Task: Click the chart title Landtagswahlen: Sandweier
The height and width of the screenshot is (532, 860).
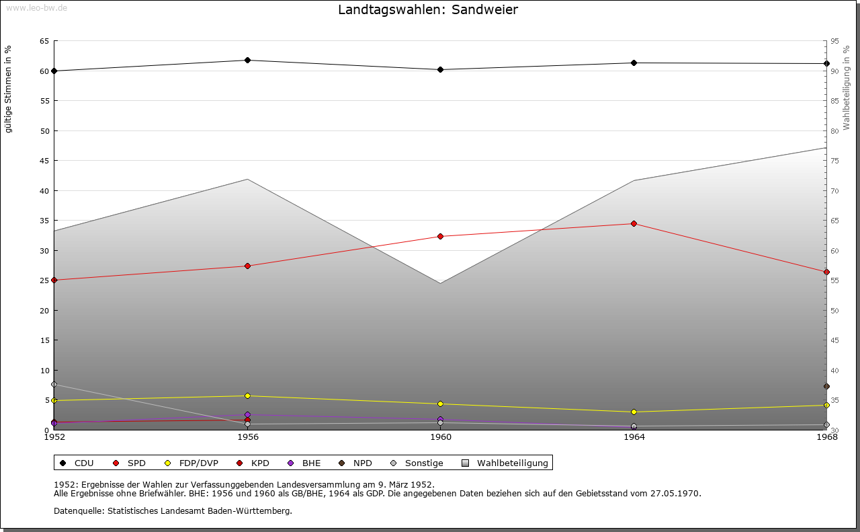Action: click(428, 9)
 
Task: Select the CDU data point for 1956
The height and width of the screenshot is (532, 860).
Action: click(247, 61)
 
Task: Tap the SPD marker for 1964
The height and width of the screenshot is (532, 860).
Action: click(634, 223)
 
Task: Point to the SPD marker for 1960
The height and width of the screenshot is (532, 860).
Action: click(440, 236)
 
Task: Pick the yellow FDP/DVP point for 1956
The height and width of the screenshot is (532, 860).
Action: click(247, 395)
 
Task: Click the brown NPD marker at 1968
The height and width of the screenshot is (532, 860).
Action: click(826, 386)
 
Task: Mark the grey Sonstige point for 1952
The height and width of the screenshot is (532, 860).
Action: click(54, 384)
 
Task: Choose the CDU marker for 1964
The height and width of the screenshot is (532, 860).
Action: click(634, 63)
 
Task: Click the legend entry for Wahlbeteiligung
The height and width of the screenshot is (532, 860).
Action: click(512, 463)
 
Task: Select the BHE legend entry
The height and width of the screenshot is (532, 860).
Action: click(311, 463)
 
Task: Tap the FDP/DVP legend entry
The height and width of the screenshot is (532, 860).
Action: click(198, 463)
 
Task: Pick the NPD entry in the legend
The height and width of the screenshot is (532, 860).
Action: click(362, 463)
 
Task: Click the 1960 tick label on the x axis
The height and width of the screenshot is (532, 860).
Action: click(441, 437)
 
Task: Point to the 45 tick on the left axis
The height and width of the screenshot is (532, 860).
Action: click(44, 161)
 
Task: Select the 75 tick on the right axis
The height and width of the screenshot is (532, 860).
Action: click(834, 161)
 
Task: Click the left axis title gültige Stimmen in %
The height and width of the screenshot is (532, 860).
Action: click(8, 89)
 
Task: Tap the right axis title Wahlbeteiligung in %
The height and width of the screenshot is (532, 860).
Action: click(847, 87)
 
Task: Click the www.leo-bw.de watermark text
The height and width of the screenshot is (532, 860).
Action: click(36, 7)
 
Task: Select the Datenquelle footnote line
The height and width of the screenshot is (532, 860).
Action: click(173, 510)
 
